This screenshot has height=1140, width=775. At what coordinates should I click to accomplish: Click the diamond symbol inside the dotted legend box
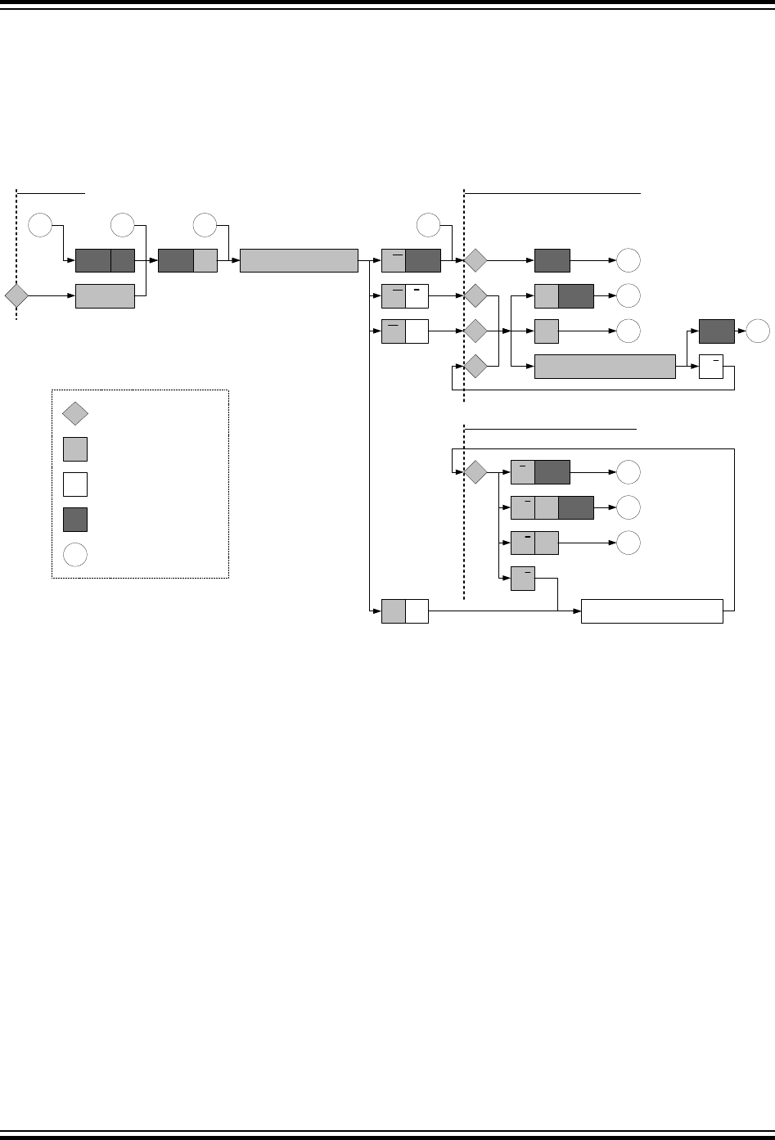(x=75, y=414)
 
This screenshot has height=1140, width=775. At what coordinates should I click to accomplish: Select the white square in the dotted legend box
(x=75, y=484)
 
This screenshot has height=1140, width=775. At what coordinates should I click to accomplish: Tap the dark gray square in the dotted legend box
(x=75, y=520)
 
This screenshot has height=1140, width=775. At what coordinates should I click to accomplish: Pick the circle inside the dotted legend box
(x=75, y=555)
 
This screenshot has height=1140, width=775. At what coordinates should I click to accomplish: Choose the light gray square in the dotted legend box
(x=75, y=449)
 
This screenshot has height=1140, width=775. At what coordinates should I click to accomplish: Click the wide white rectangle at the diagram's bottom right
(x=652, y=611)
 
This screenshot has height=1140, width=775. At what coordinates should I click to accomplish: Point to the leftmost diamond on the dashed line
(x=16, y=296)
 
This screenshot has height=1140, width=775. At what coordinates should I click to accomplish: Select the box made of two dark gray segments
(x=105, y=261)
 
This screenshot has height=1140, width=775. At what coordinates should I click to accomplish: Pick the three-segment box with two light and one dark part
(x=552, y=508)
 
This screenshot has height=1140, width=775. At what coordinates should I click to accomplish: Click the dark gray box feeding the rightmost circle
(x=717, y=331)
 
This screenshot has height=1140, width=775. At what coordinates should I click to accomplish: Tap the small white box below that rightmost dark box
(x=712, y=367)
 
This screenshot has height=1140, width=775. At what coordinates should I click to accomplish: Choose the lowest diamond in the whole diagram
(x=475, y=472)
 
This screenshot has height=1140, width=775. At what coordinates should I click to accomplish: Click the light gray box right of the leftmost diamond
(x=105, y=296)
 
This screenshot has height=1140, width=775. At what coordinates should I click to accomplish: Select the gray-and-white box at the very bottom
(x=405, y=611)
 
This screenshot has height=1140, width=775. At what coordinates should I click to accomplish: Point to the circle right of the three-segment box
(x=629, y=508)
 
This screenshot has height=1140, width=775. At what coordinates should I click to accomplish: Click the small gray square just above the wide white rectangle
(x=523, y=579)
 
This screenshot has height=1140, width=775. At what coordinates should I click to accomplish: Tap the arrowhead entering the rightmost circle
(x=744, y=331)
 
